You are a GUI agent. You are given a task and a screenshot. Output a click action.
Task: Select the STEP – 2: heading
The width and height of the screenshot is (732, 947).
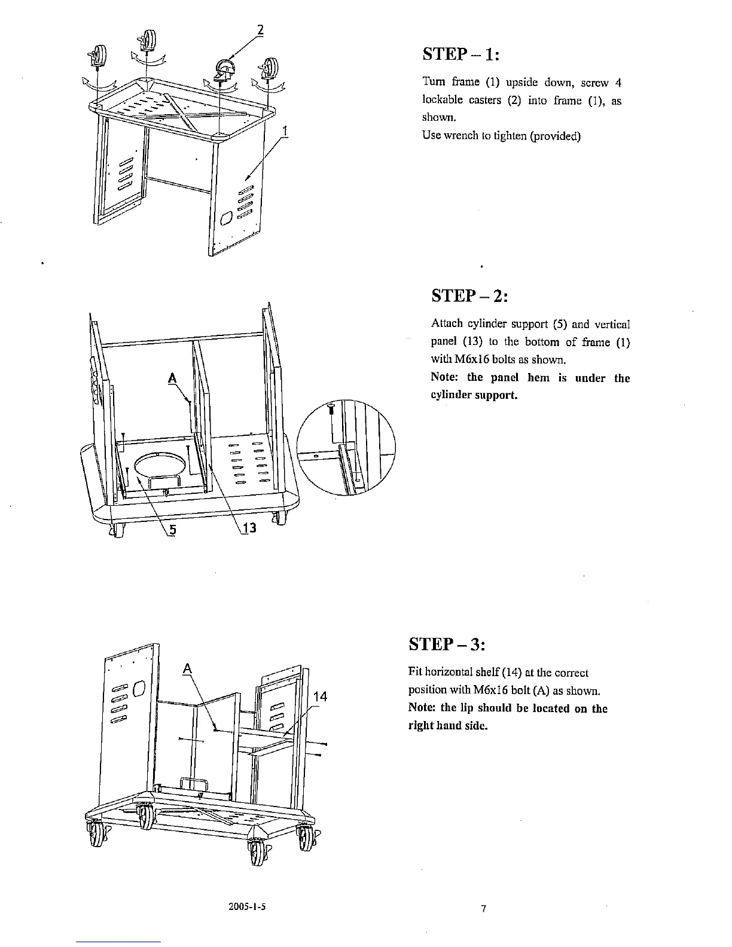[x=469, y=297]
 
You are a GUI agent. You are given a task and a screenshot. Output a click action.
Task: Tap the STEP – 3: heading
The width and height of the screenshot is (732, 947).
[x=447, y=645]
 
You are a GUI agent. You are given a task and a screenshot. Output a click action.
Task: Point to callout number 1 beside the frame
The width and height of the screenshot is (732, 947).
[x=286, y=130]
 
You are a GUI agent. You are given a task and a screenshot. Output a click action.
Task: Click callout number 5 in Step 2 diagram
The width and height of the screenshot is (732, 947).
[x=172, y=530]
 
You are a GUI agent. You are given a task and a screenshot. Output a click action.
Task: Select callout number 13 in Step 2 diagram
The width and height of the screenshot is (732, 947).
[x=250, y=528]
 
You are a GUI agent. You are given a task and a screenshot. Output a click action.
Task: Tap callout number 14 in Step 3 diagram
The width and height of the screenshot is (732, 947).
[x=321, y=696]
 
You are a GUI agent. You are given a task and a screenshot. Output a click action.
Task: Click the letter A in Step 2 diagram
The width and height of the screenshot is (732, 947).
[x=173, y=378]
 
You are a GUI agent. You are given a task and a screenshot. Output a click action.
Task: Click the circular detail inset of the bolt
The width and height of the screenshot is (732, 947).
[x=346, y=447]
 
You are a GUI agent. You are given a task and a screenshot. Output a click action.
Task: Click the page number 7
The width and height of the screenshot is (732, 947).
[x=484, y=909]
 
